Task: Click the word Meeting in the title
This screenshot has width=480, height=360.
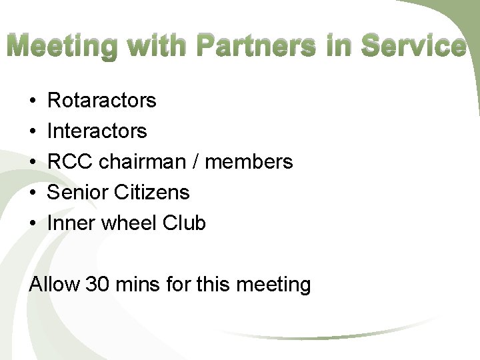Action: (63, 47)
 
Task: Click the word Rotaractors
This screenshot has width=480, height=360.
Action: (102, 101)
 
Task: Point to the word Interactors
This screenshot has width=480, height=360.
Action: (97, 131)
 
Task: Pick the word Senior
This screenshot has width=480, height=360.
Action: (77, 193)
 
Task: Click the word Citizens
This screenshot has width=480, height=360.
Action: (152, 193)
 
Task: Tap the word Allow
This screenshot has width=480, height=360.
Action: (55, 285)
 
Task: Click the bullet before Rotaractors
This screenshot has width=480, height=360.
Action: (33, 101)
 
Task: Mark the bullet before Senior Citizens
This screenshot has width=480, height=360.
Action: (33, 193)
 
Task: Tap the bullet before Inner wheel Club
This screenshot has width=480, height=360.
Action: (33, 224)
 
